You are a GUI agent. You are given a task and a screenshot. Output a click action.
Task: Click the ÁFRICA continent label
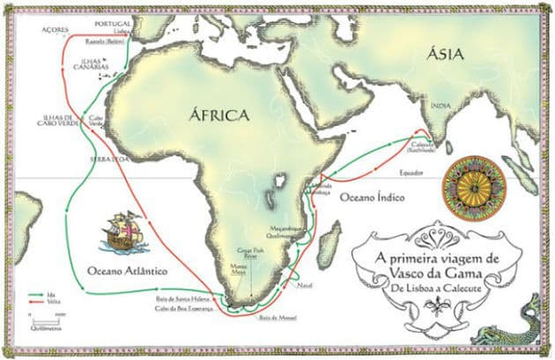[x=219, y=115]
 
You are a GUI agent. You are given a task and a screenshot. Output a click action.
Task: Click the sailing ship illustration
[x=122, y=231]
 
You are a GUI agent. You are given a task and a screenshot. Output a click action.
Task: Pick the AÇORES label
[x=55, y=28]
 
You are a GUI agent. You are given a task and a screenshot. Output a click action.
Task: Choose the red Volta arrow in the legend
[x=39, y=301]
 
